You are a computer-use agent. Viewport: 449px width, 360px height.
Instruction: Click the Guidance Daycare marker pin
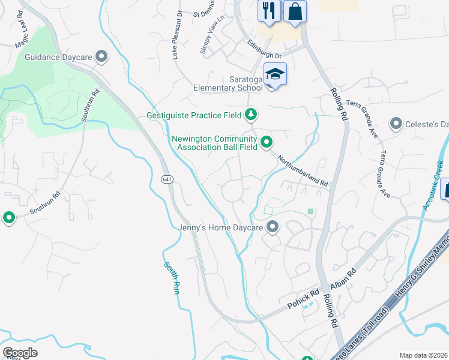coord(101,57)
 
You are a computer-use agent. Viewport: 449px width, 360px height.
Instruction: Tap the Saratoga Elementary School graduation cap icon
coord(275,74)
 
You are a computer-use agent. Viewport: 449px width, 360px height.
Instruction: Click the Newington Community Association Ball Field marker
coord(267,142)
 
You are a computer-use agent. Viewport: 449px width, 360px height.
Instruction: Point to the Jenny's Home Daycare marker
coord(273,227)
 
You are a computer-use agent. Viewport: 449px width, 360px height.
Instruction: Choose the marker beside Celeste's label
coord(396,124)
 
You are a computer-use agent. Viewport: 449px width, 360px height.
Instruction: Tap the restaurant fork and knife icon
coord(269,11)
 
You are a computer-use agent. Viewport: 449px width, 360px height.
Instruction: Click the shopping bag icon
coord(295,11)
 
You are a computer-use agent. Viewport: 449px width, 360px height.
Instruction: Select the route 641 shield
coord(167,179)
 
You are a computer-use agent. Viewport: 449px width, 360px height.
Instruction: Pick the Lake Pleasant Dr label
coord(176,42)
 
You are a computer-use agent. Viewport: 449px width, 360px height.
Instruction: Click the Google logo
coord(20,353)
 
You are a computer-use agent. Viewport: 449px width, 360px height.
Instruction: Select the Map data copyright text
coord(424,355)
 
